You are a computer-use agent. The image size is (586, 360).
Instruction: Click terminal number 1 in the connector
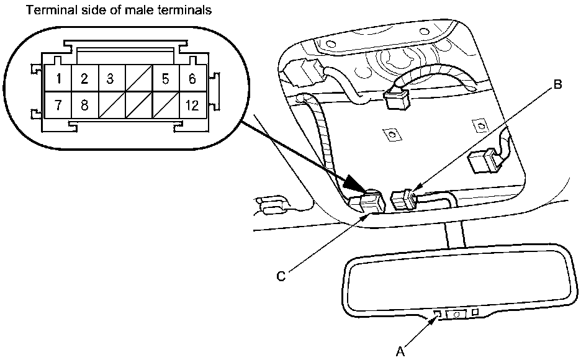pyautogui.click(x=58, y=79)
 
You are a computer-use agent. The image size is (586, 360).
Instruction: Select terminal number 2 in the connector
pyautogui.click(x=84, y=79)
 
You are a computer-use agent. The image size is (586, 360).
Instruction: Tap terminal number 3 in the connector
pyautogui.click(x=110, y=79)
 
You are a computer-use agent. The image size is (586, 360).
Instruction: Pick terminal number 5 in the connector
pyautogui.click(x=165, y=79)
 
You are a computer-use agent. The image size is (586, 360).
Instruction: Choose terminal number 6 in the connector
pyautogui.click(x=192, y=79)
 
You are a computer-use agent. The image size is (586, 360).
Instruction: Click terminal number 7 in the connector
pyautogui.click(x=58, y=104)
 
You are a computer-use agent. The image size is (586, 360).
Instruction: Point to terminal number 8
pyautogui.click(x=84, y=104)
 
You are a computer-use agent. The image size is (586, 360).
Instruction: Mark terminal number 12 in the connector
pyautogui.click(x=192, y=104)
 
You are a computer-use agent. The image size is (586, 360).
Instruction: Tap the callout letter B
pyautogui.click(x=557, y=85)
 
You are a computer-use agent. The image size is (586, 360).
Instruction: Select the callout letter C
pyautogui.click(x=281, y=277)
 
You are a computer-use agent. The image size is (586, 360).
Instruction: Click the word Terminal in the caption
pyautogui.click(x=45, y=11)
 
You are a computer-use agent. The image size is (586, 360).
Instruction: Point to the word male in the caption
pyautogui.click(x=138, y=11)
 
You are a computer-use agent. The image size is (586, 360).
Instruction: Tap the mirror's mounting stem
pyautogui.click(x=454, y=236)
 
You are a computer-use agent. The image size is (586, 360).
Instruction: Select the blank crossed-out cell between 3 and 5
pyautogui.click(x=138, y=79)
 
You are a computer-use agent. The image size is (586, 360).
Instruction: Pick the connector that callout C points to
pyautogui.click(x=367, y=202)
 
